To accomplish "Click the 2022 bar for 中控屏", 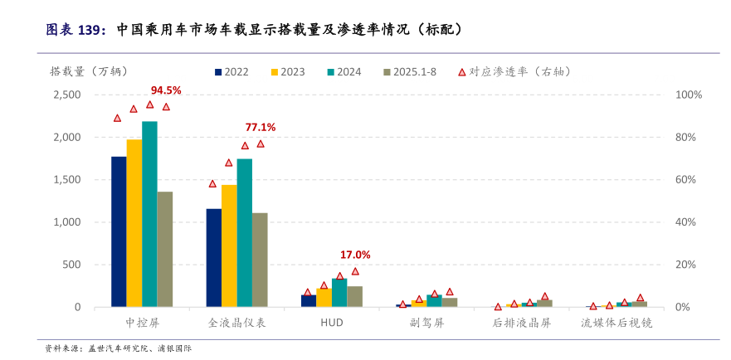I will pyautogui.click(x=119, y=231).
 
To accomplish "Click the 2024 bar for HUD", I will pyautogui.click(x=339, y=293).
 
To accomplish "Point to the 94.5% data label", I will pyautogui.click(x=166, y=90).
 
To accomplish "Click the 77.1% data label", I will pyautogui.click(x=261, y=127).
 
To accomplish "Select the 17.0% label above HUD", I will pyautogui.click(x=355, y=255).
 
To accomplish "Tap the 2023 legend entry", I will pyautogui.click(x=287, y=72).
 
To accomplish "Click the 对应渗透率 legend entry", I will pyautogui.click(x=514, y=72).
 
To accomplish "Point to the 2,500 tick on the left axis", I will pyautogui.click(x=66, y=95).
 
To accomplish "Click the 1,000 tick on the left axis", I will pyautogui.click(x=66, y=222).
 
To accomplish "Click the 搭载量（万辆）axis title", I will pyautogui.click(x=89, y=71).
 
